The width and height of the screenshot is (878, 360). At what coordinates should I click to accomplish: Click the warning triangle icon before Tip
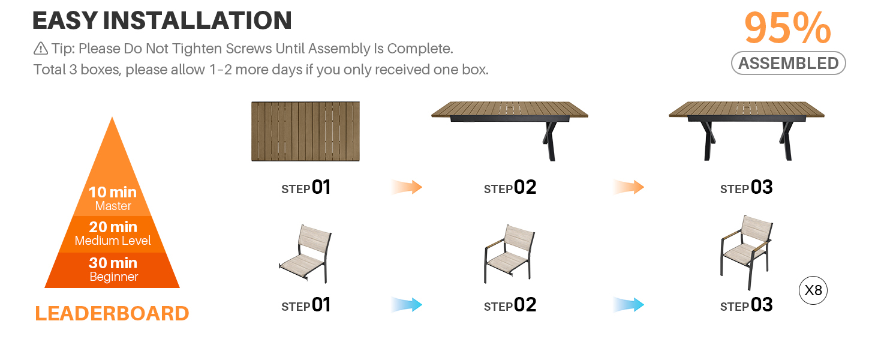[x=40, y=49]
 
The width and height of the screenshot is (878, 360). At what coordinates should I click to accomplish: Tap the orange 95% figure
[x=787, y=28]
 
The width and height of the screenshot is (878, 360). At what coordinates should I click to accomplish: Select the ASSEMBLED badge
[x=788, y=63]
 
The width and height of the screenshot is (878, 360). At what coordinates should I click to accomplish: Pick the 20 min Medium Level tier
[x=113, y=234]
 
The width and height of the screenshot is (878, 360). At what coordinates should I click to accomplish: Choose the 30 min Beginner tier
[x=113, y=270]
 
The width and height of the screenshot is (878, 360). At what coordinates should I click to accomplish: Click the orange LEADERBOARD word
[x=112, y=313]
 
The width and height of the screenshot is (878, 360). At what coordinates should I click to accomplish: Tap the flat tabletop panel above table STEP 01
[x=305, y=131]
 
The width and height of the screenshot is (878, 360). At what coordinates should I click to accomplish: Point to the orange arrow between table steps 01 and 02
[x=407, y=187]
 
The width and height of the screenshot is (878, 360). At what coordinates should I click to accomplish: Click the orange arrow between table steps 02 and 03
[x=629, y=187]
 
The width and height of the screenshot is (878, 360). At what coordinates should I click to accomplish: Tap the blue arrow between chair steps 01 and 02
[x=407, y=305]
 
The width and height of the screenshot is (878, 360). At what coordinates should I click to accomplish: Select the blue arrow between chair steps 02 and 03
[x=629, y=305]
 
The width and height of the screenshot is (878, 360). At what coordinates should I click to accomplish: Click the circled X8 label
[x=813, y=290]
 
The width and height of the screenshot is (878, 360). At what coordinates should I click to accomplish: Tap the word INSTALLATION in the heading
[x=197, y=20]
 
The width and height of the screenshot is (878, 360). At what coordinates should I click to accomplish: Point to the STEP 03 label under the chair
[x=746, y=305]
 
